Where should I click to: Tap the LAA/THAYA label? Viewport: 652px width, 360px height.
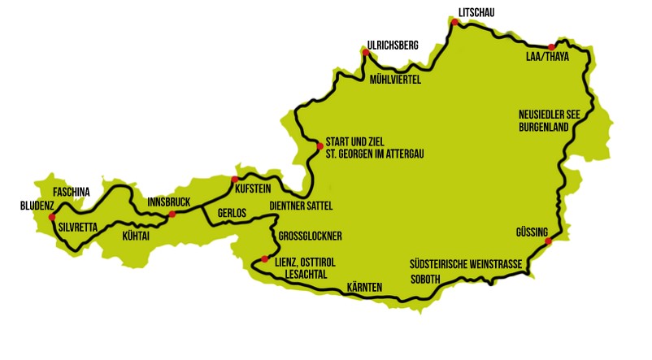point(547,59)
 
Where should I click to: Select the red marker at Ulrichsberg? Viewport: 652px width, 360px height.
point(366,53)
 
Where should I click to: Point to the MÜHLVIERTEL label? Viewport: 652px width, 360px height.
point(396,80)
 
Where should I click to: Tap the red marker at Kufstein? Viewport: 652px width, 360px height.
point(235,180)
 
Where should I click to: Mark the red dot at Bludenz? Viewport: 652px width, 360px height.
point(51,217)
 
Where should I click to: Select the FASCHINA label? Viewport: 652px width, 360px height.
point(71,193)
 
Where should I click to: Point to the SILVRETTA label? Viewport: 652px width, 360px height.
point(77,228)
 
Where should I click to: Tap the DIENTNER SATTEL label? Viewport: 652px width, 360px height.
point(302,206)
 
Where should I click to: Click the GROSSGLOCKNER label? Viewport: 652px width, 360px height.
point(310,236)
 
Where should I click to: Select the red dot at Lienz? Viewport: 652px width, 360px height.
point(264,259)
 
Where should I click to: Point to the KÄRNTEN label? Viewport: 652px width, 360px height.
point(364,288)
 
